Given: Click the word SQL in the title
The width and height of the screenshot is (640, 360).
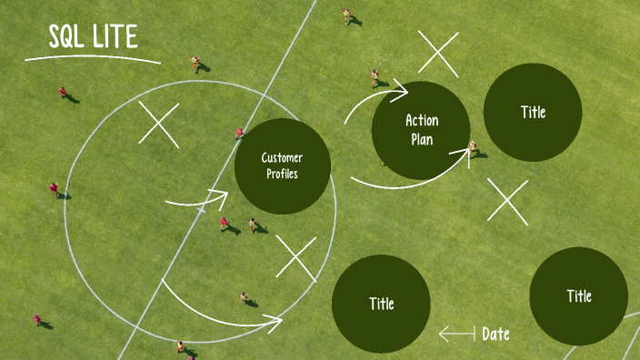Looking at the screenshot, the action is point(66,36).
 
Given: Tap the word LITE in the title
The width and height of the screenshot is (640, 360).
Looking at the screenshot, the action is point(115,36).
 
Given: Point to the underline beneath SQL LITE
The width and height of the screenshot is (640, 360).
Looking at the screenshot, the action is point(93,58).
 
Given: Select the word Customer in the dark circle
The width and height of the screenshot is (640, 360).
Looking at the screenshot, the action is point(282,158).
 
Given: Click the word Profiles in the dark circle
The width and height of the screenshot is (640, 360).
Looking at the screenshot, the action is point(282,174).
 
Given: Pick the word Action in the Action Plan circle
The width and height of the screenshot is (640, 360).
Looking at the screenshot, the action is point(422,120).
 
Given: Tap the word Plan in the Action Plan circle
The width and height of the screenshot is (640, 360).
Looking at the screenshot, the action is point(422,140).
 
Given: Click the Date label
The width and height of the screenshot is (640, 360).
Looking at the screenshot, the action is point(495,335).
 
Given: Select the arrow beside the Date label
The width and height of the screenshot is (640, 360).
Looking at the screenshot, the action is point(457,334).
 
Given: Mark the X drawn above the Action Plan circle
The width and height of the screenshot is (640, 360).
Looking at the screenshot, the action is point(438,54).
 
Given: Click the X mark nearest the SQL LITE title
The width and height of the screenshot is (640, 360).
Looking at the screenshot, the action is point(159,125).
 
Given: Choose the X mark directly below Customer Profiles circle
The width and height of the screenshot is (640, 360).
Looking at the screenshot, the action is point(296,258).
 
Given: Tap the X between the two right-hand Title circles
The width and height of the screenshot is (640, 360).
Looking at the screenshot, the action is point(507,202).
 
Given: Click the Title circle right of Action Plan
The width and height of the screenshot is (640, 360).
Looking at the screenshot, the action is point(533,112).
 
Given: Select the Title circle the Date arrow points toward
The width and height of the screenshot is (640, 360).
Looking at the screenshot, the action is point(381,304).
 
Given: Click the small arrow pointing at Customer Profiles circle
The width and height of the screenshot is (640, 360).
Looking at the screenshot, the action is point(197,201).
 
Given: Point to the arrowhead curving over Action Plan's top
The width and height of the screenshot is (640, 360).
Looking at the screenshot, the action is point(400,91).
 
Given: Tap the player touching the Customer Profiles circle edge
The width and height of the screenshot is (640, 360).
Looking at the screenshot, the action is point(240,133).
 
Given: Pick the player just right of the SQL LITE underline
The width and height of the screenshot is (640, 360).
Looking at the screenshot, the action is point(195,64).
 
